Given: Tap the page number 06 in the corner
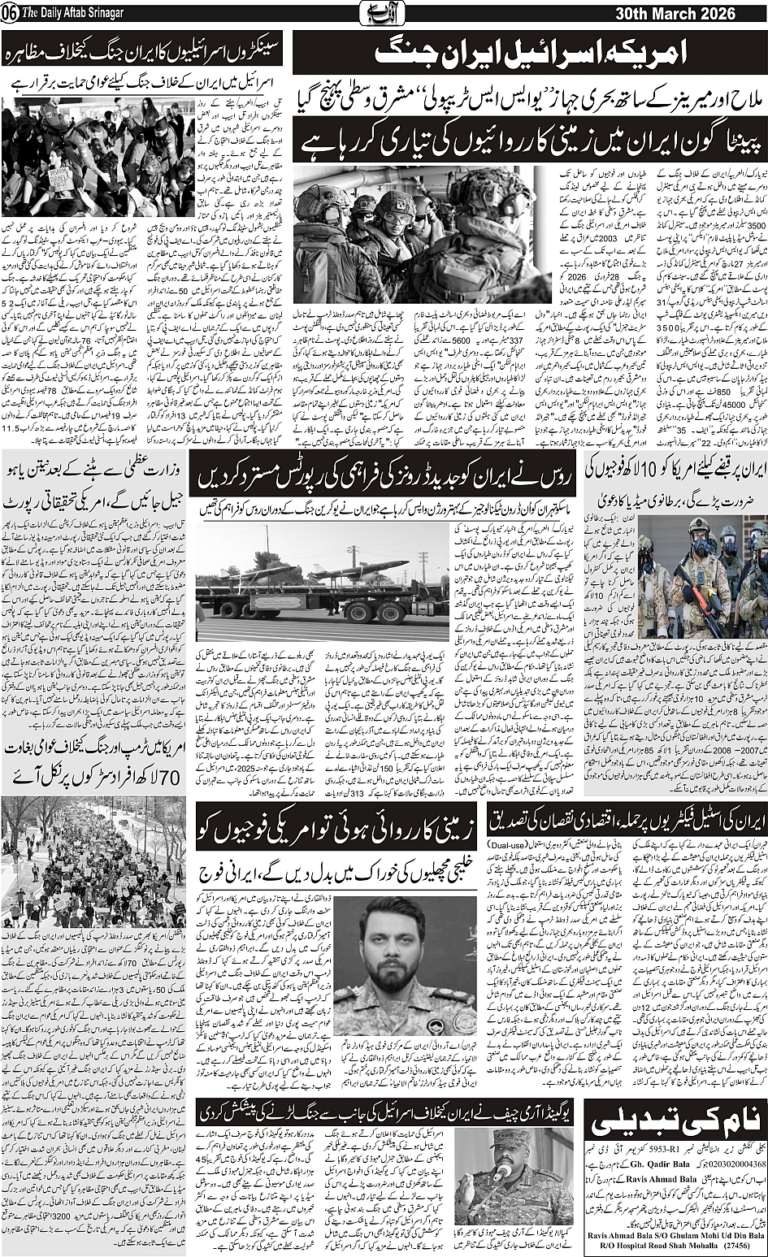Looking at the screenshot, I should click(9, 15).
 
